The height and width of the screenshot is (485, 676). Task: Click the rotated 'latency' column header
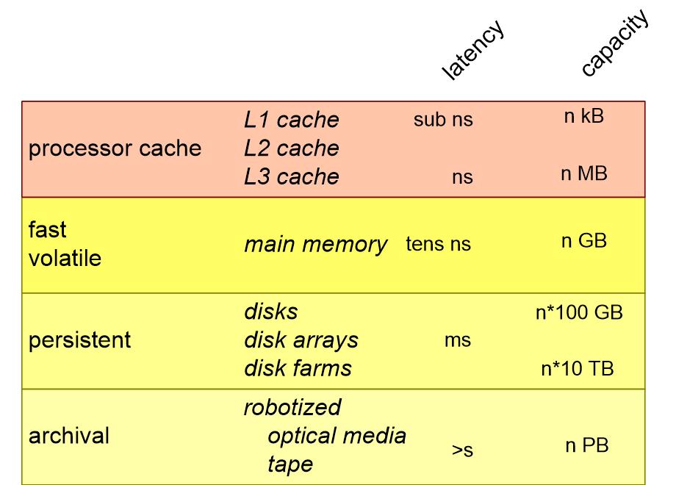[473, 50]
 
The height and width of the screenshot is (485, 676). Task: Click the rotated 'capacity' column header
[614, 43]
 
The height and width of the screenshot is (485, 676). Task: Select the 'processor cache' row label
[115, 148]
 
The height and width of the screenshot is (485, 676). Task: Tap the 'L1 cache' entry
[292, 120]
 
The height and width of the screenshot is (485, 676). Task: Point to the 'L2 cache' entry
[292, 148]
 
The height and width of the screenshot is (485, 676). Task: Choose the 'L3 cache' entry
[292, 177]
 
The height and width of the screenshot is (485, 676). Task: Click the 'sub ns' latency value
[443, 120]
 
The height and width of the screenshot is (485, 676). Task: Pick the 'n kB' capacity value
[583, 116]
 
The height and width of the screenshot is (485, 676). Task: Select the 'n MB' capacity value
[584, 174]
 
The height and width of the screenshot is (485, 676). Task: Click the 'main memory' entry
[315, 244]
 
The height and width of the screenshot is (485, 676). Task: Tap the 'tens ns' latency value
[438, 244]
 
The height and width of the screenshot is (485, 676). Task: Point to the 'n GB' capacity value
[584, 241]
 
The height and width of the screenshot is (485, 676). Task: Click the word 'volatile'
[65, 259]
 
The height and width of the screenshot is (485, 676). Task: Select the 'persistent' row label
[79, 340]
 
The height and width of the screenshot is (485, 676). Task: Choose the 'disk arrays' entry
[301, 340]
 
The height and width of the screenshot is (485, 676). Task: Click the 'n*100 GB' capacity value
[579, 312]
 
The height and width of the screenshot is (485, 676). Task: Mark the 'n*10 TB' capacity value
[578, 369]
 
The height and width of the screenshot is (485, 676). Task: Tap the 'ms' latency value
[457, 340]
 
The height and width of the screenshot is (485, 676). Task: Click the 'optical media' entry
[337, 436]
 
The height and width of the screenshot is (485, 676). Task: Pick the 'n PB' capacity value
[587, 445]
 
